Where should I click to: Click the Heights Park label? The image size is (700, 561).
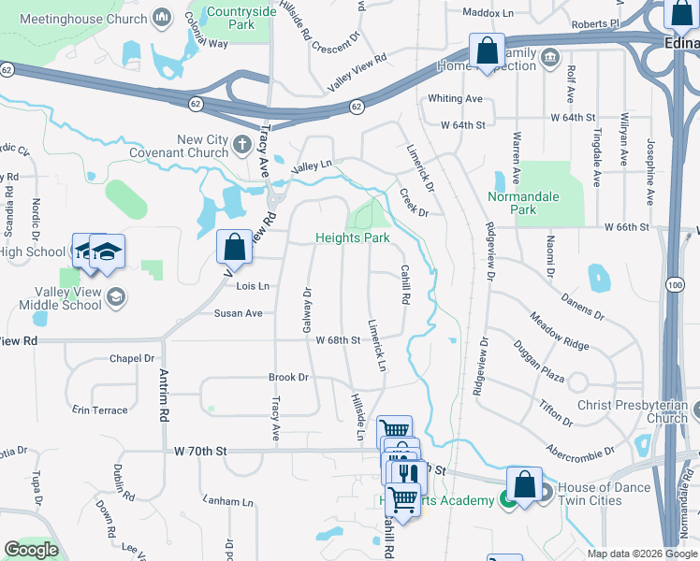coord(352,237)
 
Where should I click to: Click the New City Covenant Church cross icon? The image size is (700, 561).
coord(242,145)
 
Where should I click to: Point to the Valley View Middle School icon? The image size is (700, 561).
coord(116,296)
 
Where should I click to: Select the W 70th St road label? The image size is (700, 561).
coord(200,451)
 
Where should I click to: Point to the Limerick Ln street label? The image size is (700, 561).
coord(377,347)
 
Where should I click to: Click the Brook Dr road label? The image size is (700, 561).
coord(288,378)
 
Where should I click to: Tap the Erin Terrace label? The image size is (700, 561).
coord(99,410)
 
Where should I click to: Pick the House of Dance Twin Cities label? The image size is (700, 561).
coord(604,494)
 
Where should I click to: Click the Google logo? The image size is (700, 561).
coord(31,549)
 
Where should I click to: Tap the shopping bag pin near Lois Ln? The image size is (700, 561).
coord(234,248)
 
